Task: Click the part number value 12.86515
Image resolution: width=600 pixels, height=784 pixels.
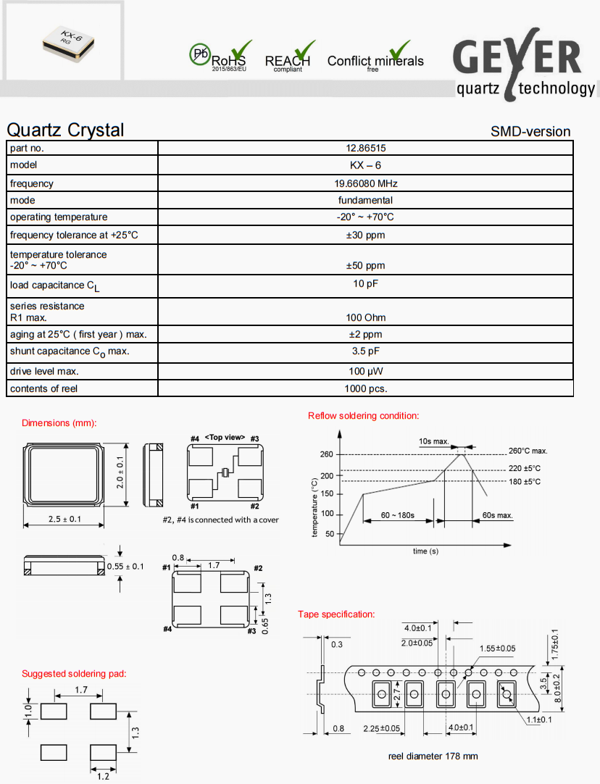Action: tap(365, 148)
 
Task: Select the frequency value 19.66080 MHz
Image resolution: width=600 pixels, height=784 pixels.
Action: tap(365, 183)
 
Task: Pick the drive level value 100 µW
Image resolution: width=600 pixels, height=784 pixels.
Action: tap(365, 371)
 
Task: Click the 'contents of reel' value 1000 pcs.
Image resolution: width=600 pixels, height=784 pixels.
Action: tap(365, 388)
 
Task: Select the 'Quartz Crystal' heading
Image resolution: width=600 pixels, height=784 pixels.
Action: tap(65, 130)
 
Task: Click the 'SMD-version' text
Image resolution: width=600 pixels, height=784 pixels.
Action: tap(530, 131)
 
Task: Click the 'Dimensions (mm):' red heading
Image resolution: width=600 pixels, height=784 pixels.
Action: tap(59, 423)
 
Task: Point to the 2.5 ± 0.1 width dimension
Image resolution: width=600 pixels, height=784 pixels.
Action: tap(64, 520)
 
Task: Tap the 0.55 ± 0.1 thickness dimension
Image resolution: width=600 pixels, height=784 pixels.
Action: tap(125, 566)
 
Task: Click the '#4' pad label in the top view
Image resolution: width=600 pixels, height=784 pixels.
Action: tap(194, 438)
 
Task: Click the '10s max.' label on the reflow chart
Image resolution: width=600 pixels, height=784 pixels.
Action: tap(434, 441)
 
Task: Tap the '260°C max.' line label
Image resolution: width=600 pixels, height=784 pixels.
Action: tap(528, 451)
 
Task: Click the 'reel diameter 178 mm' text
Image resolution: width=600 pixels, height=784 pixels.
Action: tap(433, 756)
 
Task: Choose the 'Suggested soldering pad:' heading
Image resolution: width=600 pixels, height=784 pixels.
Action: tap(74, 674)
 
